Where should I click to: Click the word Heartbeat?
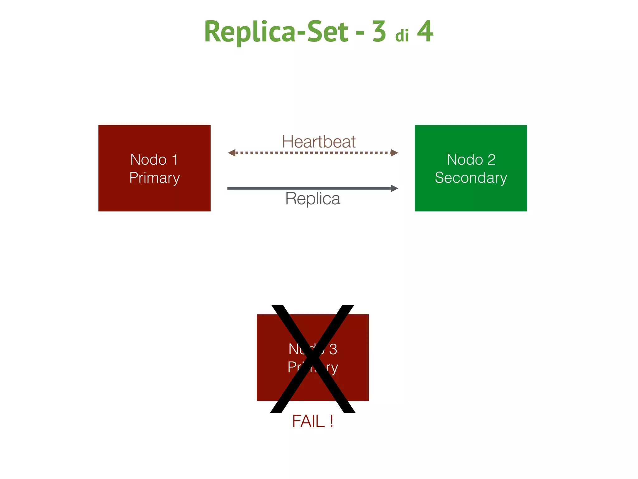(x=318, y=142)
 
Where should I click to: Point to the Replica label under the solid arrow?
(x=312, y=199)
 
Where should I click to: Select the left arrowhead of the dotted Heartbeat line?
(x=231, y=153)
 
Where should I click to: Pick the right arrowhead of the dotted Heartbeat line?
(x=394, y=153)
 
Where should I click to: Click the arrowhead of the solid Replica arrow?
(x=394, y=188)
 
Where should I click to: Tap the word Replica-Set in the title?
(x=276, y=31)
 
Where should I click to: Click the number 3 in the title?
(x=379, y=31)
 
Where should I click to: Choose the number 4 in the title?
(x=425, y=31)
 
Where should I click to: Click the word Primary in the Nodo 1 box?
(x=155, y=178)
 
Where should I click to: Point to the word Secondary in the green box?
(x=471, y=178)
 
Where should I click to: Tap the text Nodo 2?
(x=471, y=160)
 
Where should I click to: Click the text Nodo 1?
(x=154, y=160)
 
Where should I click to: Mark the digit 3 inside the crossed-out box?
(x=333, y=349)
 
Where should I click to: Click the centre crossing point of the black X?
(x=312, y=359)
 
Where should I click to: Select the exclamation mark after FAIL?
(x=331, y=422)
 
